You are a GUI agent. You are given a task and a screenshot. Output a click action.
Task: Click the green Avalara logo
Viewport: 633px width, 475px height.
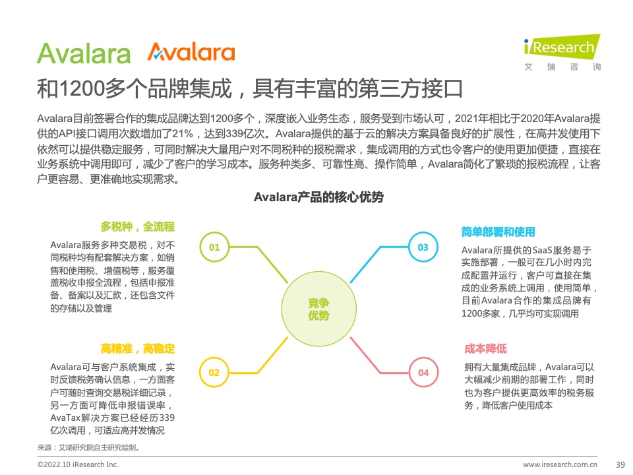[84, 53]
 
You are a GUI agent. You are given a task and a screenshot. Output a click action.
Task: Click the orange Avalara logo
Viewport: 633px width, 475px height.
[191, 52]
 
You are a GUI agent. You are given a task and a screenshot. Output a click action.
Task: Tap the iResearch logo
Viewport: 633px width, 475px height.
[562, 53]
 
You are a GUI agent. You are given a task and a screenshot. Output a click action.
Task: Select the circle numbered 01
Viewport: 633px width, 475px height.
[214, 247]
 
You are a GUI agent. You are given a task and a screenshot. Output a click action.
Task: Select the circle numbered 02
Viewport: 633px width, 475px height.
[214, 372]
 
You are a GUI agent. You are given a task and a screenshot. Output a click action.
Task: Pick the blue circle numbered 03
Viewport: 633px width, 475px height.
[423, 247]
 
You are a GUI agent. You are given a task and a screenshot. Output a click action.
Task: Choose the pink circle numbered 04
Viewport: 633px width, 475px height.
[423, 372]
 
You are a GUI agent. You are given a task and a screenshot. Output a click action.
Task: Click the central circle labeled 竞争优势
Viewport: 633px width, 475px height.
[319, 309]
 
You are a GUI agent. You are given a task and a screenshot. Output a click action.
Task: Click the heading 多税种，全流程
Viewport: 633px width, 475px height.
[138, 226]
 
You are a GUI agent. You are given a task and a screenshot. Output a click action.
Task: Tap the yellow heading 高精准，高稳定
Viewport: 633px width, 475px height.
[138, 348]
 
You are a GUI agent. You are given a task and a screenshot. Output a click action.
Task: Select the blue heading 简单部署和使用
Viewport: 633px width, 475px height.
[498, 232]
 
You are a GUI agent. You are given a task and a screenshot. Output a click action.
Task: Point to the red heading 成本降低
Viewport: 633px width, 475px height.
[486, 348]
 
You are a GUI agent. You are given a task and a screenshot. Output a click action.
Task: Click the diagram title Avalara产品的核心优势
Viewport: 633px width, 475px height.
[319, 197]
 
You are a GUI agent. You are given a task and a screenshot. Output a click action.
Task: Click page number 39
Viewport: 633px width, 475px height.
[620, 464]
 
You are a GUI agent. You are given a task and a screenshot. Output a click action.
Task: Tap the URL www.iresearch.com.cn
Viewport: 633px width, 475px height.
[560, 464]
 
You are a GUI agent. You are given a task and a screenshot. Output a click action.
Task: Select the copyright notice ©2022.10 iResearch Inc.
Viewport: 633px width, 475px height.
[78, 464]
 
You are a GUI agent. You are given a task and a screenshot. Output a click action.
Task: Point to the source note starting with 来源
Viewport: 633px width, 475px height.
[88, 447]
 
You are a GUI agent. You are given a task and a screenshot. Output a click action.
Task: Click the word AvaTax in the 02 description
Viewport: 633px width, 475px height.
[65, 418]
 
